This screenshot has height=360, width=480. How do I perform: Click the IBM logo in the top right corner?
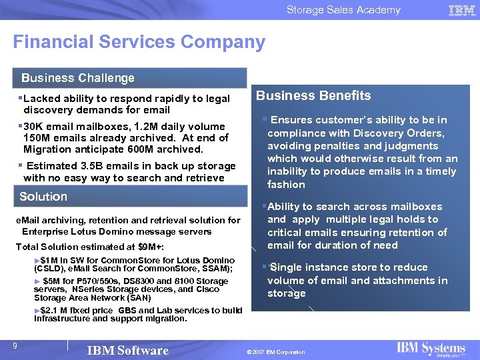[462, 10]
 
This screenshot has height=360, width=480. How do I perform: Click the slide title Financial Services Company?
[139, 42]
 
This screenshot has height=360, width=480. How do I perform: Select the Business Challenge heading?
[77, 78]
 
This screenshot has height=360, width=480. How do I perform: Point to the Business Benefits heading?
[313, 95]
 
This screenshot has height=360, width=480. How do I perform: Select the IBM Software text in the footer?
[128, 351]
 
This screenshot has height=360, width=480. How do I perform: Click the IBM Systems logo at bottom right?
[431, 349]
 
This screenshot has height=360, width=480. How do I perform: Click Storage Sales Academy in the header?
[343, 10]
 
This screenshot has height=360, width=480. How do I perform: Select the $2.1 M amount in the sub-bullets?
[55, 311]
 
